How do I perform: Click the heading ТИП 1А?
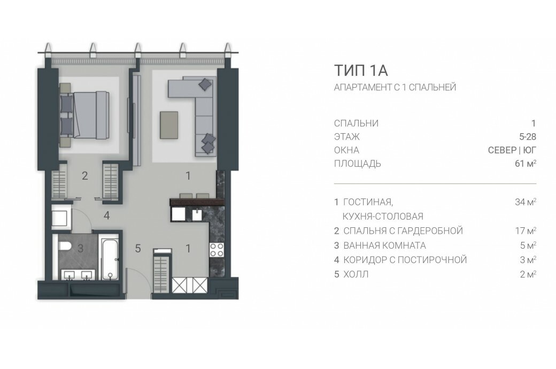click(x=361, y=71)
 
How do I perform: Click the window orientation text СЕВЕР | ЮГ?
click(x=512, y=150)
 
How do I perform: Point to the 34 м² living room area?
click(x=526, y=202)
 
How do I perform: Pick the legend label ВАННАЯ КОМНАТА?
click(x=385, y=245)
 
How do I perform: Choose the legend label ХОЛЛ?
click(x=356, y=274)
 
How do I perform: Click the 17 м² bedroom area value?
click(x=526, y=230)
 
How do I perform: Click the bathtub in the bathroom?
click(x=110, y=259)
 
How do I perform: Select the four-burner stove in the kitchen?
click(x=217, y=249)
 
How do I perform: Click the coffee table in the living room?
click(x=169, y=125)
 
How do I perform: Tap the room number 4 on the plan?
click(x=107, y=216)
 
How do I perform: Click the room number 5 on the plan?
click(x=138, y=248)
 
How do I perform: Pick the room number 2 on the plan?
click(x=85, y=175)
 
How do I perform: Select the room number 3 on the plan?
click(x=81, y=248)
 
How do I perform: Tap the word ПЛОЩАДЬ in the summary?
click(x=358, y=164)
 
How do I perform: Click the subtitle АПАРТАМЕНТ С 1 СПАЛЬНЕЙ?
click(x=395, y=87)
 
